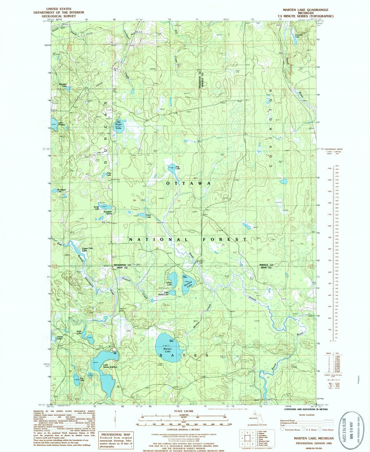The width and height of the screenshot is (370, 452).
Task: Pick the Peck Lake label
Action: [x=149, y=216]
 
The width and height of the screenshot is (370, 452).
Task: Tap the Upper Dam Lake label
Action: [x=87, y=249]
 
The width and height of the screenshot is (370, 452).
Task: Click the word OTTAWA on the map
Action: [x=188, y=184]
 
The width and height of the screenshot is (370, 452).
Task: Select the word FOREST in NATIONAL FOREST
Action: [x=224, y=239]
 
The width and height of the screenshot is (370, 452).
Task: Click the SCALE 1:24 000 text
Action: [x=183, y=411]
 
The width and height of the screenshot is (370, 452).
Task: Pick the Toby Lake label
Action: [x=109, y=174]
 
